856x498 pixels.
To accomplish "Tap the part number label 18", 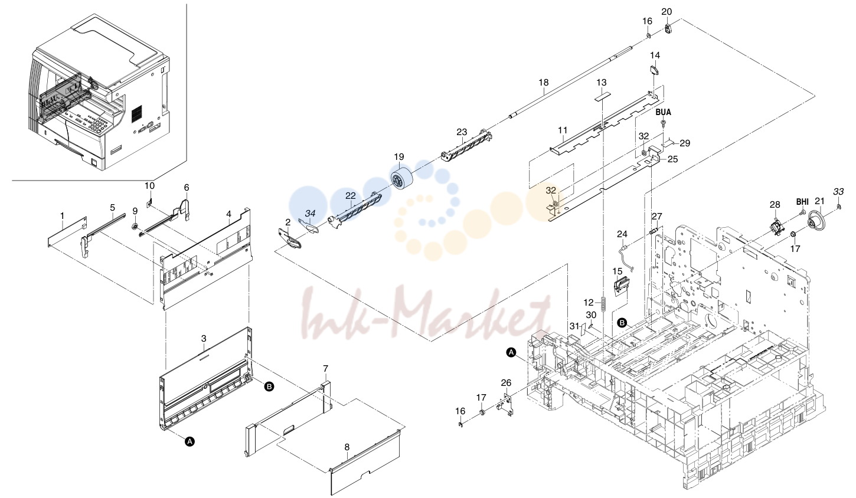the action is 543,82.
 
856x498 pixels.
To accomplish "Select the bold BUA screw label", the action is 663,112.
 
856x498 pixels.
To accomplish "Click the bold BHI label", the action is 802,201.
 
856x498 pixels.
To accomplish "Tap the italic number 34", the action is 310,213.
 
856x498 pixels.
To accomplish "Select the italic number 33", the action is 838,191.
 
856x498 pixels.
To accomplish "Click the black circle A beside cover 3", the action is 190,441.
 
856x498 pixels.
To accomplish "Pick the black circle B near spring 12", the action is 622,323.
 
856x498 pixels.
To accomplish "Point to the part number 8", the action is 347,447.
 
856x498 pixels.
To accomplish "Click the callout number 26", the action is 506,383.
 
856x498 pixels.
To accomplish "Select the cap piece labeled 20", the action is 668,29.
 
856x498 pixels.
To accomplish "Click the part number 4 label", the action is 228,214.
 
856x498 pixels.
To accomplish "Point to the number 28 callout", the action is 775,204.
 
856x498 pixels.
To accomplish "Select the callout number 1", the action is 63,216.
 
